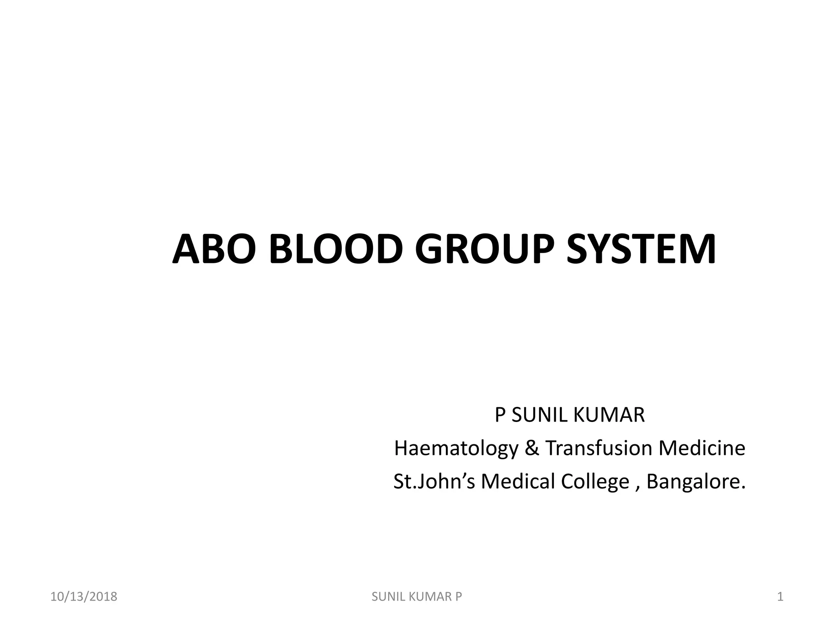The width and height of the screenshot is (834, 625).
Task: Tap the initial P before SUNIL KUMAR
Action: click(500, 415)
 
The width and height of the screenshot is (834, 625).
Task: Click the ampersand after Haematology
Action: click(531, 448)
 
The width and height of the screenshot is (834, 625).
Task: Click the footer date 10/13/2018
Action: click(84, 597)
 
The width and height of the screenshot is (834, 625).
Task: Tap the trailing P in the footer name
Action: click(459, 597)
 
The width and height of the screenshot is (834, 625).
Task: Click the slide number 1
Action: click(780, 597)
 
